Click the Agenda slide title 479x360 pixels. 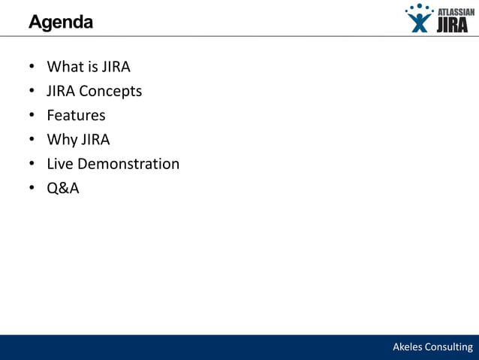pos(61,23)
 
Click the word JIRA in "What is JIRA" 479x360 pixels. pos(116,67)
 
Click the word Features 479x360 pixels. pos(76,116)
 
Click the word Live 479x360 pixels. pos(60,164)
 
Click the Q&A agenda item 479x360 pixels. pos(63,188)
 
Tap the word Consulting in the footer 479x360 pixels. pos(450,347)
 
